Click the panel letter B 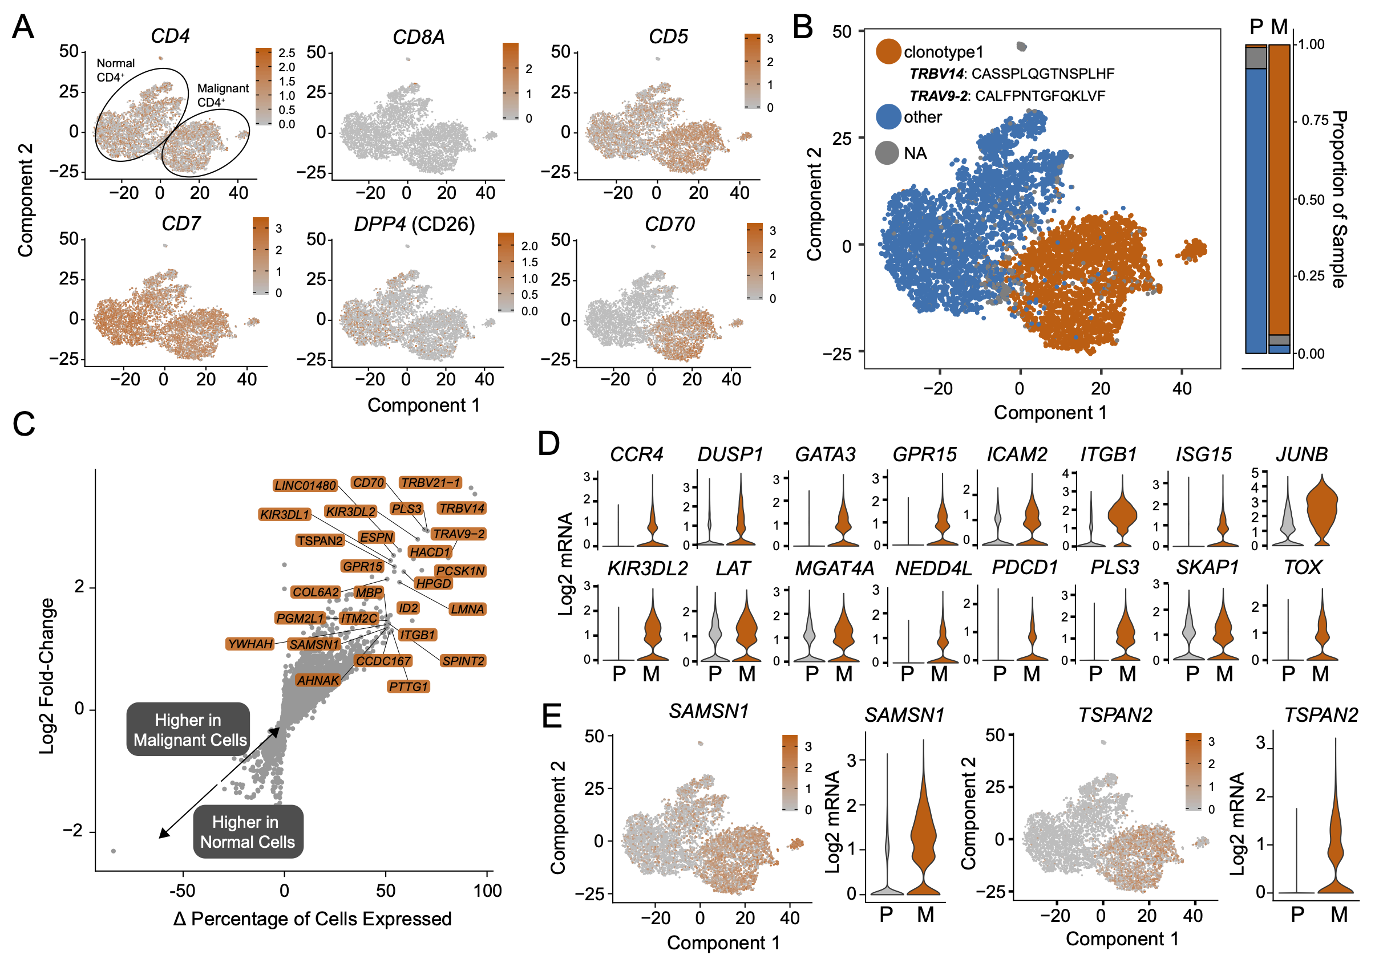[x=802, y=26]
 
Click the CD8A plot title [x=418, y=37]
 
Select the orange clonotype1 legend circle [x=888, y=51]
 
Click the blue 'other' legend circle [x=888, y=117]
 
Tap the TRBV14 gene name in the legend [x=936, y=74]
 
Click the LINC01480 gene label [x=305, y=485]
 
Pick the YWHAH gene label [x=250, y=644]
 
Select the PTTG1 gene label [x=409, y=686]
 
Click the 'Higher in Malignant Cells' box [x=189, y=729]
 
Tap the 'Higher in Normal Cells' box [x=247, y=832]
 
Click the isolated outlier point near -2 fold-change [x=113, y=851]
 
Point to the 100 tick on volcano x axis [x=487, y=891]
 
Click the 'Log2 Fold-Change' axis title [x=47, y=676]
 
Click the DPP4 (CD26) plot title [x=414, y=225]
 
